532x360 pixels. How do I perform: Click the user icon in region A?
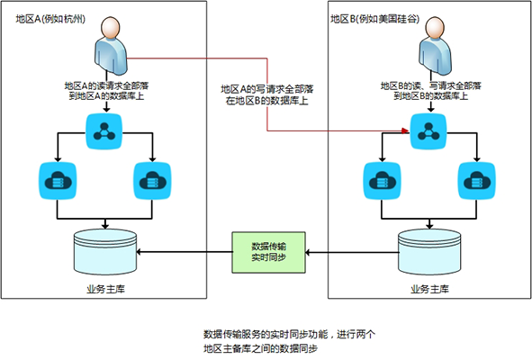[110, 46]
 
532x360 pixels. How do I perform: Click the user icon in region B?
[435, 46]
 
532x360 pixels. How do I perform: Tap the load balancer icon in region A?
[104, 131]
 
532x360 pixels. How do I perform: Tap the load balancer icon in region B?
[428, 131]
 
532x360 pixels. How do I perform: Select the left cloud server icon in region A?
[58, 181]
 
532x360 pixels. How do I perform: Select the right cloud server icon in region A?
[152, 181]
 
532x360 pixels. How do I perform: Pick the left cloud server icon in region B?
[382, 181]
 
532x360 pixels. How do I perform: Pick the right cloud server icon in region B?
[477, 181]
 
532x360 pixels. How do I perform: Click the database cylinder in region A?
[105, 252]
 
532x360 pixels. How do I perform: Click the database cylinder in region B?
[429, 252]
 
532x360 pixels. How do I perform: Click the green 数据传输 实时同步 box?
[269, 252]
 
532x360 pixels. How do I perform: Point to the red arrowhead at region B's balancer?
[405, 130]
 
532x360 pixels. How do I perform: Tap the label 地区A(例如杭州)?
[50, 19]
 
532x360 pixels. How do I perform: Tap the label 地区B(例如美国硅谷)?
[375, 19]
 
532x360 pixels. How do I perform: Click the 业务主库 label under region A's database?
[106, 289]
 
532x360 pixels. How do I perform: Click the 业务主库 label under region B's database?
[430, 289]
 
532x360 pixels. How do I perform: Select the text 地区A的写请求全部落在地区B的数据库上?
[267, 94]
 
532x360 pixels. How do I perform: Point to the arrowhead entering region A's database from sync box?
[139, 252]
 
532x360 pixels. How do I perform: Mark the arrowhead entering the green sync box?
[308, 252]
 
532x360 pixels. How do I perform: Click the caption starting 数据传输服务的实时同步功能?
[290, 341]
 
